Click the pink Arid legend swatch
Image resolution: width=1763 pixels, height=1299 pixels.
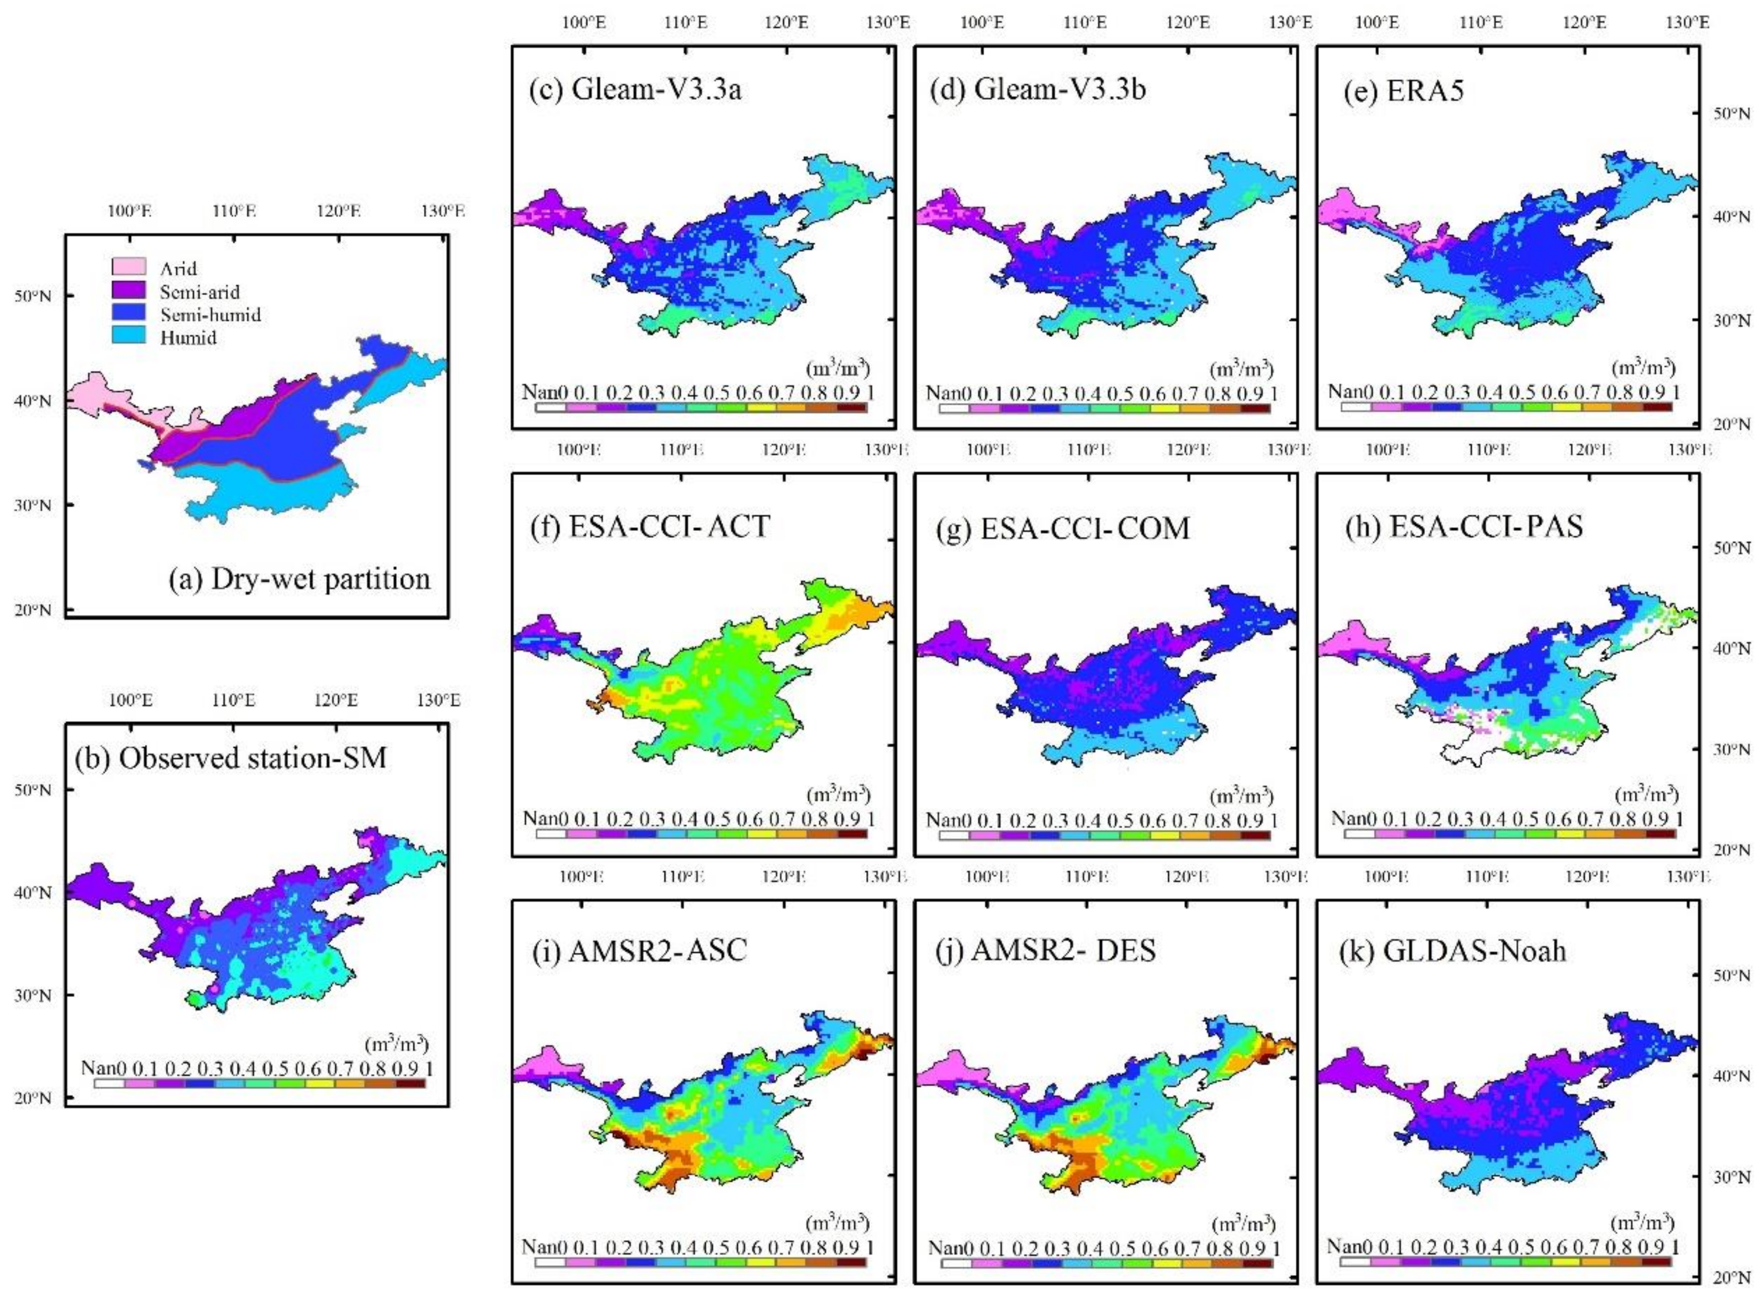click(x=128, y=267)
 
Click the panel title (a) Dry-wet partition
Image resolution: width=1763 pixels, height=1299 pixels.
click(x=300, y=579)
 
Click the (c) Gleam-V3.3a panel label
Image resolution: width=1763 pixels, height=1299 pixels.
click(x=635, y=89)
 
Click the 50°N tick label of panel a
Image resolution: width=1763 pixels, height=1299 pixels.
click(x=33, y=296)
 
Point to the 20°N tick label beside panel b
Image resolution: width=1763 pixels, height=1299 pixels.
click(x=33, y=1098)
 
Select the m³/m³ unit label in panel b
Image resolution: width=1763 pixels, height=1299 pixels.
click(x=396, y=1044)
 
